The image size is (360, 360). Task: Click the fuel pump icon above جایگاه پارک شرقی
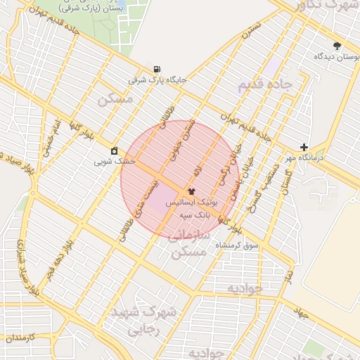coord(155,69)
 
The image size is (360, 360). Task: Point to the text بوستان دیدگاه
coord(333,56)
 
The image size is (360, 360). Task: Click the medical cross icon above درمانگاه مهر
coord(304,147)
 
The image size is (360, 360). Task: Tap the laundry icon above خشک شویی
coord(115,150)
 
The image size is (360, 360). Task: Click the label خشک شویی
coord(115,161)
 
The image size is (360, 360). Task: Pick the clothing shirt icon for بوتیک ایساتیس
coord(191,191)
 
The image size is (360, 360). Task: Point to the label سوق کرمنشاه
coord(243,245)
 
